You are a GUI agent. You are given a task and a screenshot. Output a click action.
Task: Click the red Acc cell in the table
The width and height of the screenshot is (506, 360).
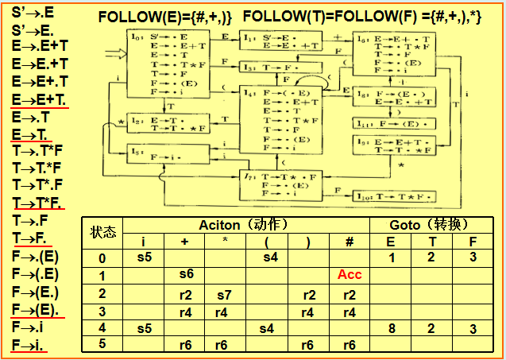[350, 275]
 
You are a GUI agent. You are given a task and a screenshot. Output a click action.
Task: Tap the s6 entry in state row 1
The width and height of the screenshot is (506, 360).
[186, 275]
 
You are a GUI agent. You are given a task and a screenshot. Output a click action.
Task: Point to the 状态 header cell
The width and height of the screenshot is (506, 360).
[103, 233]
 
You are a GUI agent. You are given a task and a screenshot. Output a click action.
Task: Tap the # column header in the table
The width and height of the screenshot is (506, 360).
[350, 242]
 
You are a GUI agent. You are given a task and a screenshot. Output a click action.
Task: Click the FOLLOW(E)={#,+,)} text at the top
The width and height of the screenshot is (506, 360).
[165, 16]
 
